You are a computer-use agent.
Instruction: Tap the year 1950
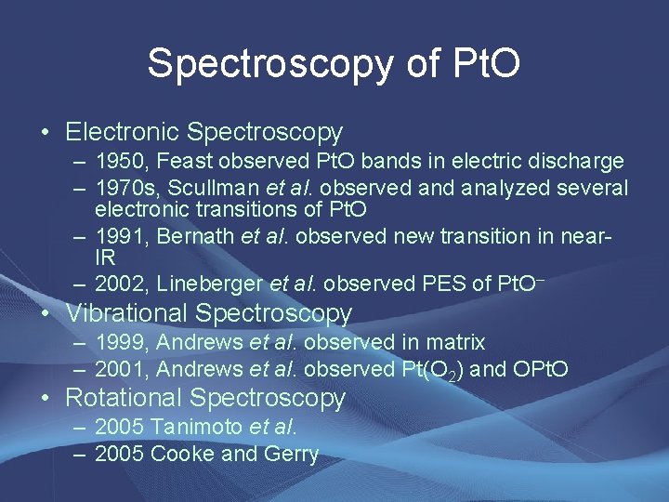(x=124, y=162)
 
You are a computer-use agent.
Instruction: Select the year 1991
(x=124, y=236)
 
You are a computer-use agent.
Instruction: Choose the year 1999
(x=124, y=343)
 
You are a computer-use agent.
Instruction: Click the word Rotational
(x=124, y=398)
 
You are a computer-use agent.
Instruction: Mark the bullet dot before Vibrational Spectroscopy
(x=46, y=313)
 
